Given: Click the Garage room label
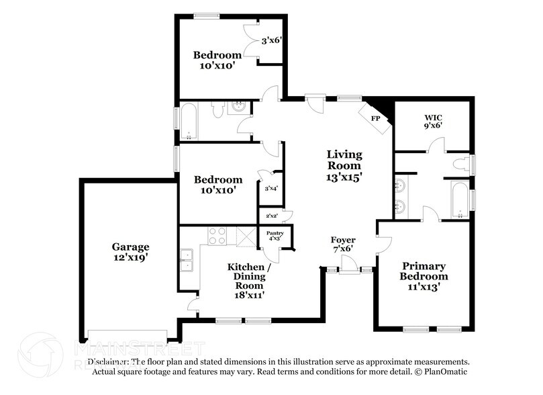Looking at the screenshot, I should click(130, 247).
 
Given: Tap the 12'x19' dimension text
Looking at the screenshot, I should click(130, 257).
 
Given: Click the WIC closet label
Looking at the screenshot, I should click(432, 114).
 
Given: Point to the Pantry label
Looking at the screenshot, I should click(275, 233).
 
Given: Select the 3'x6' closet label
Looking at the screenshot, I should click(270, 40).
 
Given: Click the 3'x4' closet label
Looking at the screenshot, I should click(271, 188).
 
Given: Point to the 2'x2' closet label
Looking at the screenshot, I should click(271, 216).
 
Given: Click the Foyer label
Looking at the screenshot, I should click(343, 240).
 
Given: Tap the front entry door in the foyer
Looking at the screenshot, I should click(348, 270).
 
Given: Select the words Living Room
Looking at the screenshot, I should click(344, 160).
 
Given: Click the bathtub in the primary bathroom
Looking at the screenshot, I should click(460, 200).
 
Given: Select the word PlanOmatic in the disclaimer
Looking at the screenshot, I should click(444, 371).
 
